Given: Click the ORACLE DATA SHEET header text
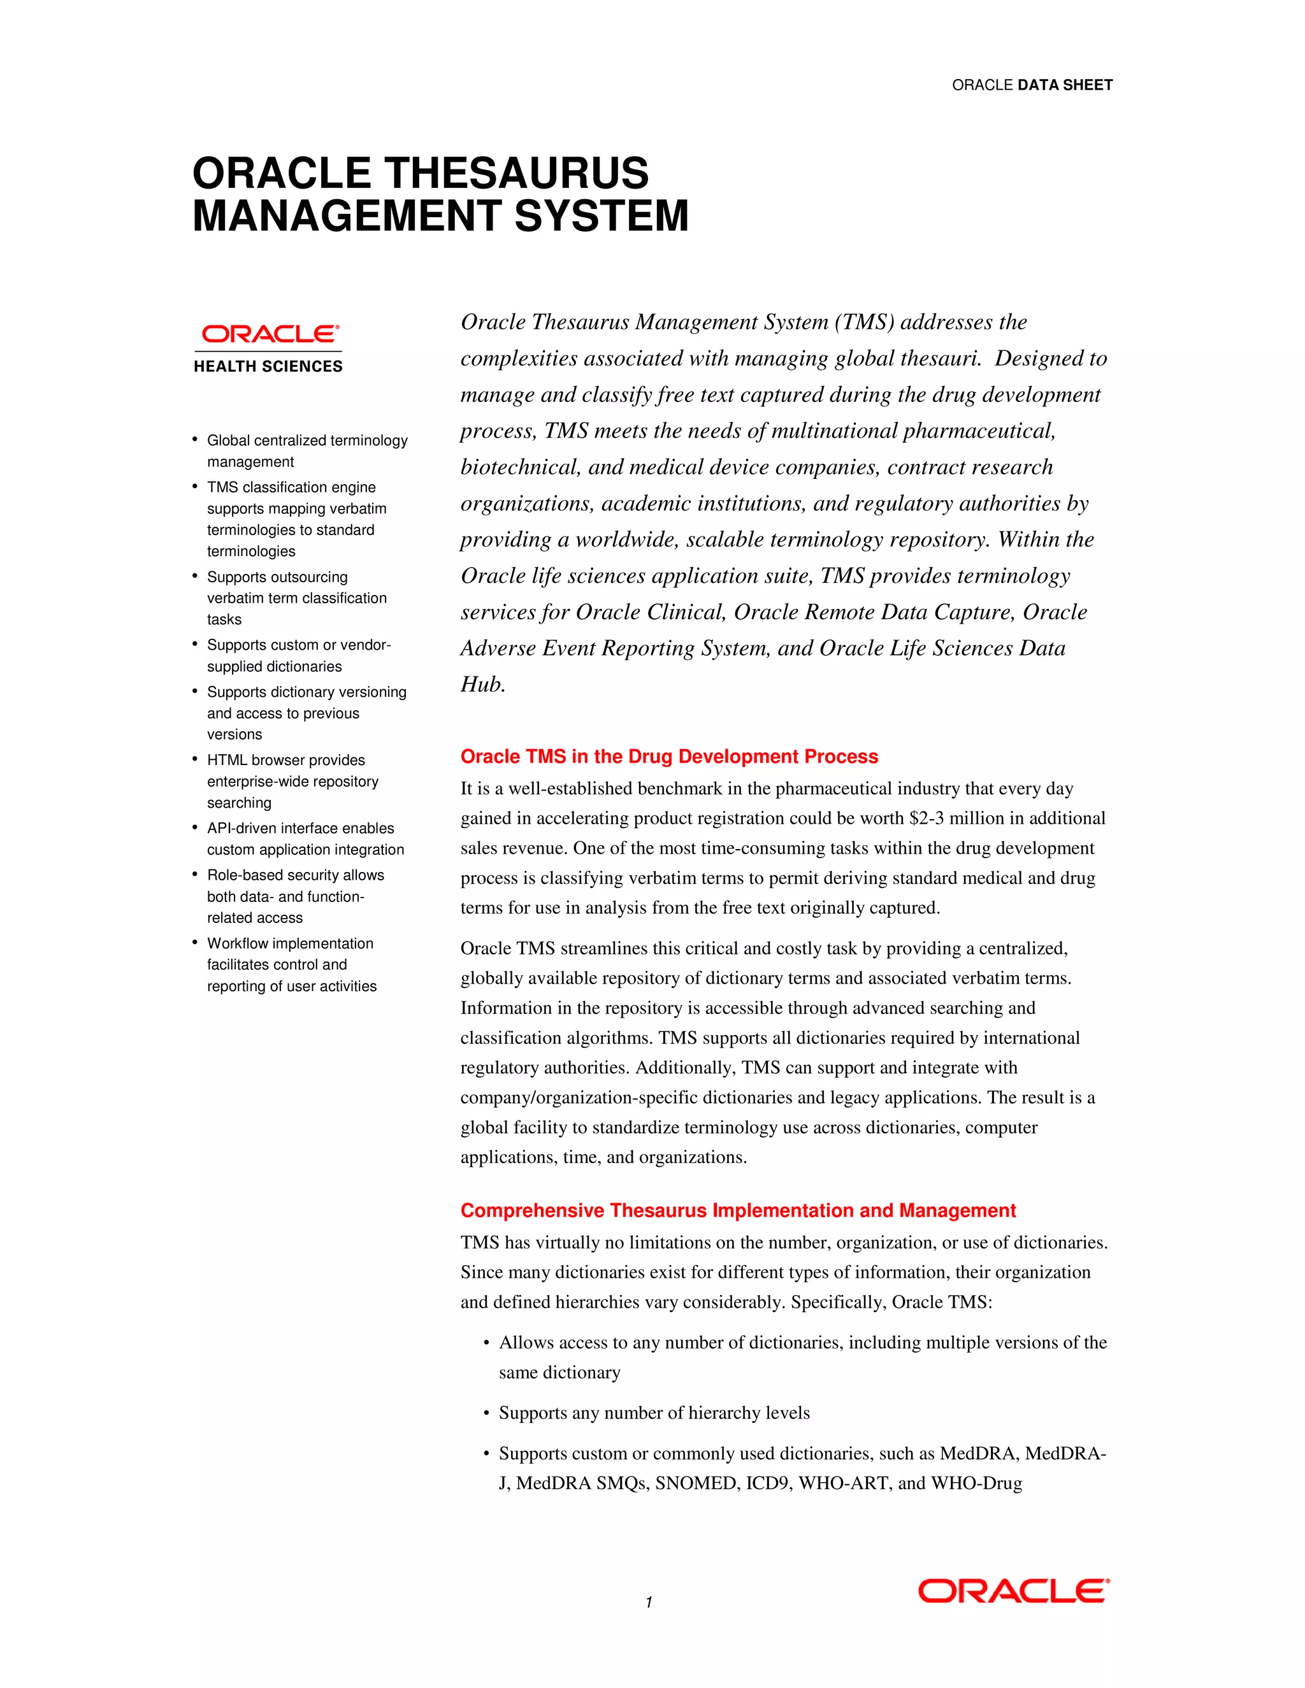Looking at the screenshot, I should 1032,85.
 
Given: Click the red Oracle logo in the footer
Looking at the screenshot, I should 1014,1591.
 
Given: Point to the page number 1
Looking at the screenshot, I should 649,1602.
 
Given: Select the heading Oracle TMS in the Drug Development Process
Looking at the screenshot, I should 668,757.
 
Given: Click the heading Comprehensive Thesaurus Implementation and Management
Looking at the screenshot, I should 737,1210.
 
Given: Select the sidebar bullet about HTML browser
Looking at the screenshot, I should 293,782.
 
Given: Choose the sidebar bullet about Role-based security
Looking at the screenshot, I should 294,897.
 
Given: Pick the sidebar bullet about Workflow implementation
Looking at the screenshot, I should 291,964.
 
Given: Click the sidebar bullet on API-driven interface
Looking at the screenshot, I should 305,839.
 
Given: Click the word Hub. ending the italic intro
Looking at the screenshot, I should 482,685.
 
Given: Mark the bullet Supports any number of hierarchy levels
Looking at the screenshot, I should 653,1413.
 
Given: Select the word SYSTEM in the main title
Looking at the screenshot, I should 601,216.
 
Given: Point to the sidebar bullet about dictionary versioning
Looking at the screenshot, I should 305,713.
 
